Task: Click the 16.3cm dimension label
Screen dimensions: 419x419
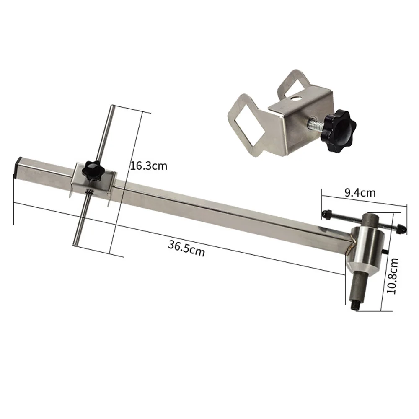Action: (x=148, y=166)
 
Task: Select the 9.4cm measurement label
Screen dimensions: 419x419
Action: (x=360, y=193)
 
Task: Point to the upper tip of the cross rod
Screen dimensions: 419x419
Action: (x=111, y=108)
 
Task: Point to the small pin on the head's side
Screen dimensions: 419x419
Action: (x=385, y=251)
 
